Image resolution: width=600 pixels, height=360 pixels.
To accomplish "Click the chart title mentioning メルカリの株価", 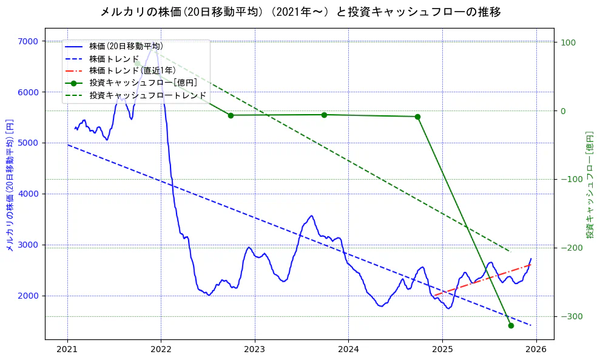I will tap(300, 12).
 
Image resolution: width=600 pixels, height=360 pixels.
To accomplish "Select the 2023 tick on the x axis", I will tap(254, 350).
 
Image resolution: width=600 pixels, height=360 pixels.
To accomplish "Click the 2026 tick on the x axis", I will tap(536, 350).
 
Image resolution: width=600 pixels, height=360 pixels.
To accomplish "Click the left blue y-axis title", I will tap(10, 184).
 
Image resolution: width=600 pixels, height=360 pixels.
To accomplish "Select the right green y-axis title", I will tap(589, 184).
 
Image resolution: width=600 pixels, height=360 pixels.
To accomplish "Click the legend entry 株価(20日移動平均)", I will tap(126, 46).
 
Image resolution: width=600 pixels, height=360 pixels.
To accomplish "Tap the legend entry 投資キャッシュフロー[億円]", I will tap(143, 83).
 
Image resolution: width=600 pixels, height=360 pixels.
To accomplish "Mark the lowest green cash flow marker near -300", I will tap(511, 325).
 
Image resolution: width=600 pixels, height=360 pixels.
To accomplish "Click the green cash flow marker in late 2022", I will tap(231, 115).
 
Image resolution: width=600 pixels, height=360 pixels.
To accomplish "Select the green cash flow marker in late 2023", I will tap(324, 115).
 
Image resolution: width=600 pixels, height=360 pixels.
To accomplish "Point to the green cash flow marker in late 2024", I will tap(417, 117).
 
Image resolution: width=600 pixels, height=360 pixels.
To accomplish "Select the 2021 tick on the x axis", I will tap(67, 350).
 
